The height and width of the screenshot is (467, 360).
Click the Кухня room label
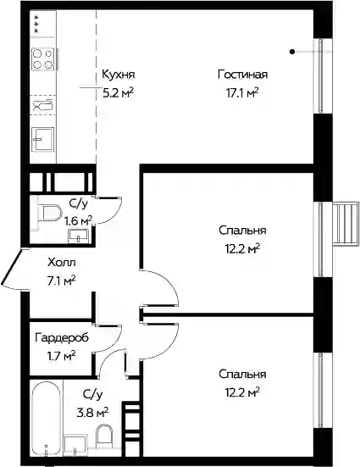click(x=119, y=74)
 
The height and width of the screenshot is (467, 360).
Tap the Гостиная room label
click(x=242, y=74)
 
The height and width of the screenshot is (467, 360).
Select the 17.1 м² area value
click(x=241, y=92)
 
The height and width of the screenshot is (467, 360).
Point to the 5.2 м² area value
click(x=118, y=92)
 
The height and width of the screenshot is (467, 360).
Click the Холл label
click(x=62, y=263)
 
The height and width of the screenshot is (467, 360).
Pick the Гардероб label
click(x=62, y=338)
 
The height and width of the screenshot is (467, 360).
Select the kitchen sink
click(x=43, y=139)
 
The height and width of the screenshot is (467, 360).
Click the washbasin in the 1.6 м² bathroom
click(x=78, y=236)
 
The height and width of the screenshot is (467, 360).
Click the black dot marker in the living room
click(x=292, y=52)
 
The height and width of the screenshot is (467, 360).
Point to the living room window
click(x=320, y=76)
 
